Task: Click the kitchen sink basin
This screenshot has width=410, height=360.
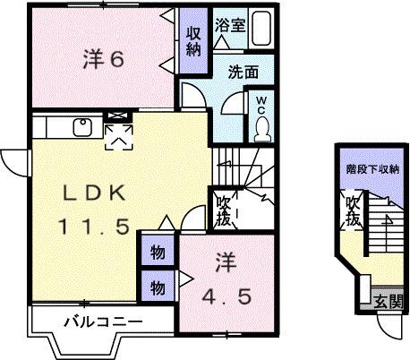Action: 80,127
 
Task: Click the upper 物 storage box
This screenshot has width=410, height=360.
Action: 157,252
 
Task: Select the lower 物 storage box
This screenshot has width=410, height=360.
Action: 157,287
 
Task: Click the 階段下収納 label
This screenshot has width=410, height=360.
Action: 372,168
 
